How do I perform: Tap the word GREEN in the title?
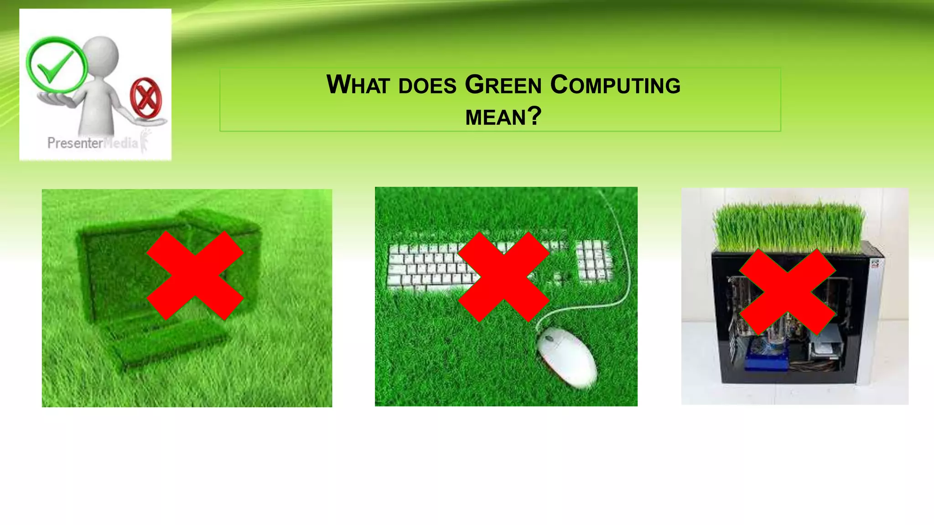503,85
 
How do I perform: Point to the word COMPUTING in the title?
615,85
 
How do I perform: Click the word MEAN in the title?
496,117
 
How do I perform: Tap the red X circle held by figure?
145,97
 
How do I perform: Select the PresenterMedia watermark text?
93,143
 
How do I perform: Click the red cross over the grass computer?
195,275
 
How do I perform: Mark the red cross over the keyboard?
503,277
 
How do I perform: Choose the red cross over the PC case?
787,292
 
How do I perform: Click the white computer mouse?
566,356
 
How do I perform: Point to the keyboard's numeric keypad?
592,260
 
